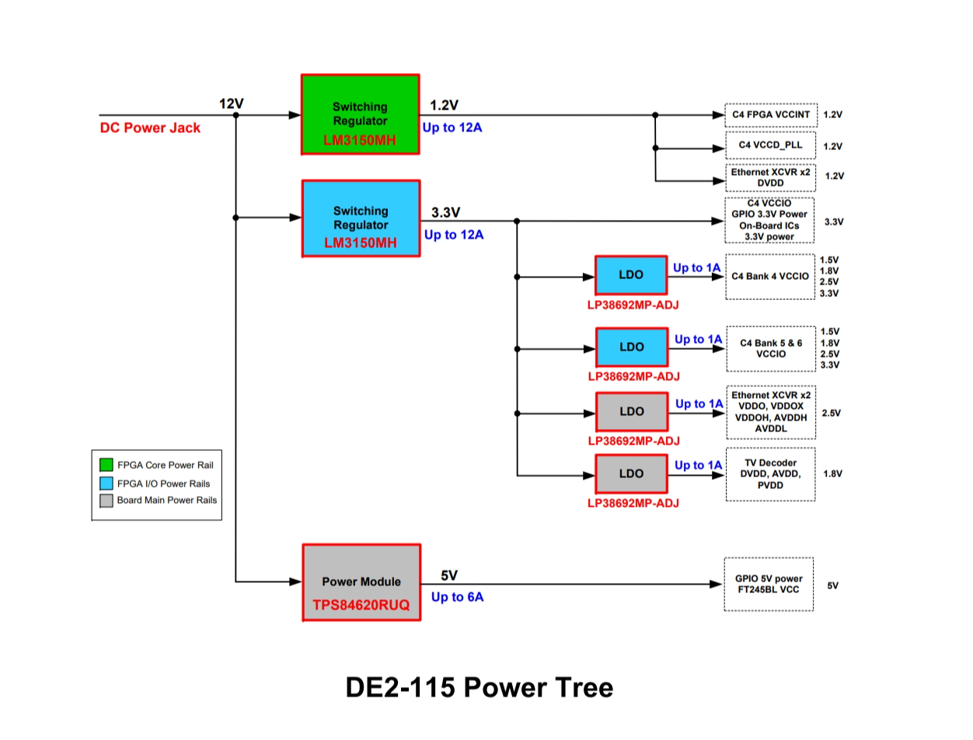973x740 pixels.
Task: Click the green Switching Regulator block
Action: (x=360, y=114)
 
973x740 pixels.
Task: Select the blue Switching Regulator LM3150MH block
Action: (x=360, y=218)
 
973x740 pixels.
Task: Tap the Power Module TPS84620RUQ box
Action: (x=361, y=582)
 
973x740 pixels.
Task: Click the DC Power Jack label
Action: (x=150, y=128)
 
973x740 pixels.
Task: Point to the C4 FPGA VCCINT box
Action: (x=771, y=114)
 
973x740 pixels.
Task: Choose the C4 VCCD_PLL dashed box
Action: (x=771, y=145)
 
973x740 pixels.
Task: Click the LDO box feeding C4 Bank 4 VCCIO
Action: (x=631, y=275)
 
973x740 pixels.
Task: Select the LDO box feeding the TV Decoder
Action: (x=631, y=473)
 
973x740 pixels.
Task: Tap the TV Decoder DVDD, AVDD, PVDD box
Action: (x=770, y=474)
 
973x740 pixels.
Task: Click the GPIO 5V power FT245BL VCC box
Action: (x=769, y=584)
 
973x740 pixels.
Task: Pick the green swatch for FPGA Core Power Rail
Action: (x=106, y=465)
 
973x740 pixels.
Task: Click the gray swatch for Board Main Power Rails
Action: (x=106, y=501)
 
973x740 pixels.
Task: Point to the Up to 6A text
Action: (x=457, y=597)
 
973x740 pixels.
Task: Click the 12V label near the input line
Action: (x=232, y=103)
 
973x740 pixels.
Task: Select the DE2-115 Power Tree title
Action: (x=479, y=687)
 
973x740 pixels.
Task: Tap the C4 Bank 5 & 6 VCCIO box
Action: (x=770, y=348)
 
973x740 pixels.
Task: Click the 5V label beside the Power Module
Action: (x=449, y=575)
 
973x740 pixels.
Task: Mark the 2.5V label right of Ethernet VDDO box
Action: (x=831, y=414)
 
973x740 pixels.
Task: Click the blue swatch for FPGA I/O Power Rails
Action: (x=106, y=483)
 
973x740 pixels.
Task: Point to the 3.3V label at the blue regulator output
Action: (x=445, y=212)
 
